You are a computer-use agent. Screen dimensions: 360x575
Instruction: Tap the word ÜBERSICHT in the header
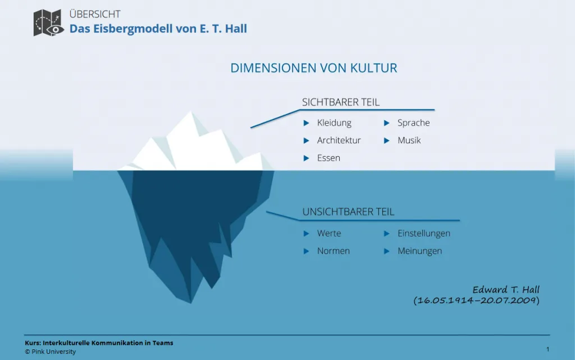(x=95, y=14)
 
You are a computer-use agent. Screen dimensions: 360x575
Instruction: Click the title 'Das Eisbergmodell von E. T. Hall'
(x=158, y=29)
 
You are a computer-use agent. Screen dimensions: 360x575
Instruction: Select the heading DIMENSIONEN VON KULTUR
(x=314, y=69)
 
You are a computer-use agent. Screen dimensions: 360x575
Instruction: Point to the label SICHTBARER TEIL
(x=341, y=102)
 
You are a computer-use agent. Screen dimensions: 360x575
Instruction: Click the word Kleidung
(x=334, y=123)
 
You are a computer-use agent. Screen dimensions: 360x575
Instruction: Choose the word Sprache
(x=413, y=123)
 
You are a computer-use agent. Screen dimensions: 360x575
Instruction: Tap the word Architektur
(x=339, y=140)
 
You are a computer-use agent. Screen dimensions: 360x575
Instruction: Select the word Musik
(x=409, y=140)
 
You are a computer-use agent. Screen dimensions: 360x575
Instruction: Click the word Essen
(x=328, y=158)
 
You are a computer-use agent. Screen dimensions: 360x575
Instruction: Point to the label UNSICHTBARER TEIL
(x=348, y=212)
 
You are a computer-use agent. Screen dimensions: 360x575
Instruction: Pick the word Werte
(x=329, y=234)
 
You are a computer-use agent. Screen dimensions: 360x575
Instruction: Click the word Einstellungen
(x=424, y=234)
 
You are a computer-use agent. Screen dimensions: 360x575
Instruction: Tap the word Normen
(x=334, y=251)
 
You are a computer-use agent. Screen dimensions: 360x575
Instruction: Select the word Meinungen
(x=419, y=251)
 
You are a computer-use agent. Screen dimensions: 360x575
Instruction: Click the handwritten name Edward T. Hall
(x=505, y=290)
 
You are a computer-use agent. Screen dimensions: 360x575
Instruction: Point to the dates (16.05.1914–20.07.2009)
(x=476, y=300)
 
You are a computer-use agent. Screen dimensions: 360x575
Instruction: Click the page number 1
(x=547, y=349)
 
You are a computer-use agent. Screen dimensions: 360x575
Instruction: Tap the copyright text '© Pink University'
(x=50, y=352)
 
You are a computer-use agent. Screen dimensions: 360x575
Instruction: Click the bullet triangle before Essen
(x=306, y=158)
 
